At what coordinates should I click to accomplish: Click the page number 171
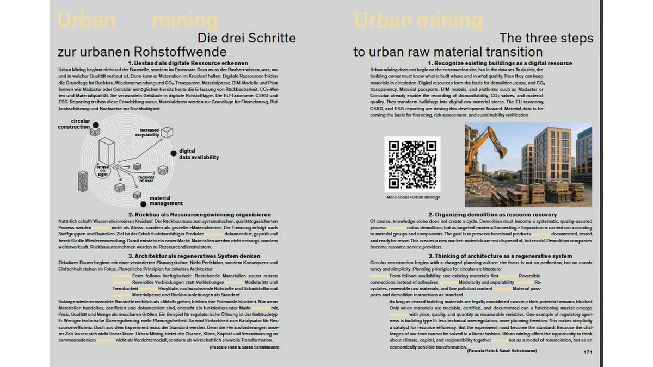[x=587, y=353]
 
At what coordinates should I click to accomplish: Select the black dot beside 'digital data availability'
[x=174, y=153]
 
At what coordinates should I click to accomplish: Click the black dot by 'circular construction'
[x=94, y=122]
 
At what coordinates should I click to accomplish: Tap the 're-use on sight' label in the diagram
[x=103, y=170]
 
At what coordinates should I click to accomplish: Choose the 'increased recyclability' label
[x=149, y=132]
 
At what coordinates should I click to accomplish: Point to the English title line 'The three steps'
[x=546, y=39]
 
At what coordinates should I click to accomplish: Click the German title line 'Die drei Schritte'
[x=247, y=39]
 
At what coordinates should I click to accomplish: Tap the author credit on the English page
[x=501, y=351]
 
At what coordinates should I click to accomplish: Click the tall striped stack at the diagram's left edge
[x=83, y=183]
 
